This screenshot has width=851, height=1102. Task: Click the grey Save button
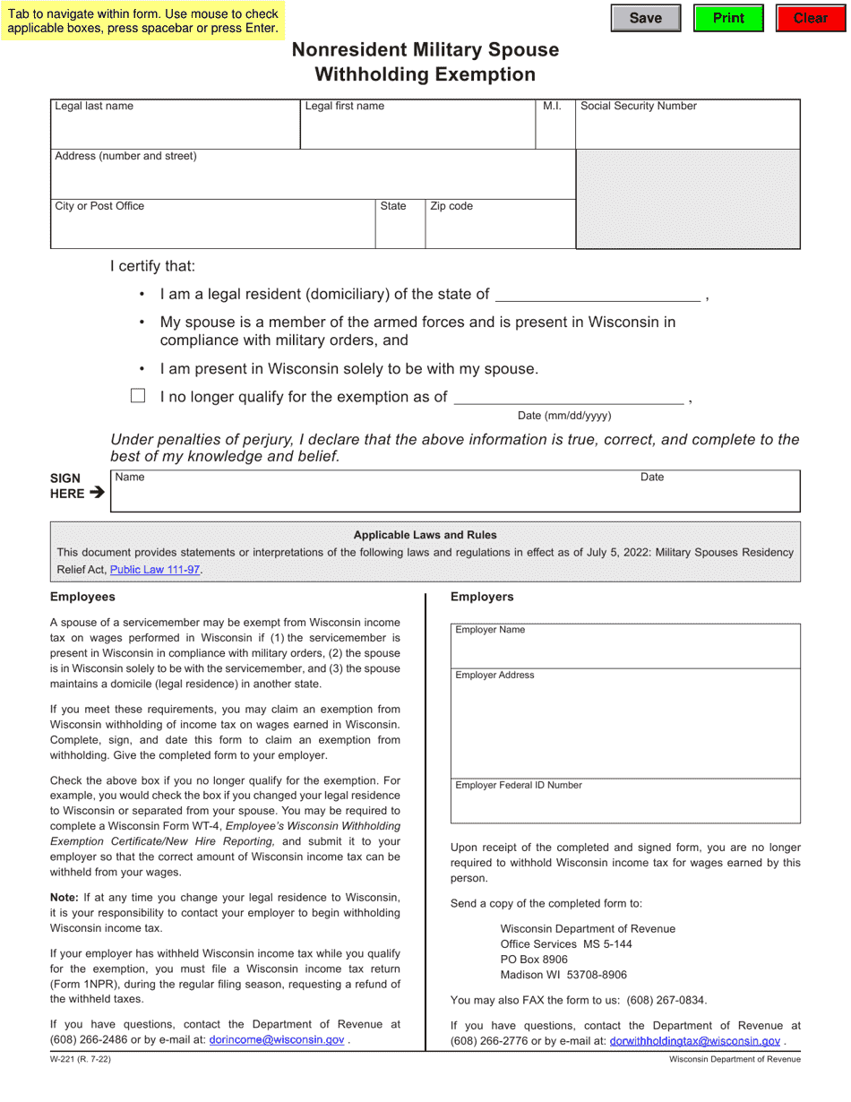tap(645, 18)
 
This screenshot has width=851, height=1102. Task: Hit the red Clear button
tap(810, 18)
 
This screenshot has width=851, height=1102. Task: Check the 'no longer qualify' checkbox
tap(138, 396)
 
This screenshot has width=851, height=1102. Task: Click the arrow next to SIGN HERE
tap(97, 493)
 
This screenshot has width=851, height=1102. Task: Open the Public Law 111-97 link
tap(155, 570)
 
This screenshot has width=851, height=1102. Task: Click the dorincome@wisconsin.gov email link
tap(276, 1040)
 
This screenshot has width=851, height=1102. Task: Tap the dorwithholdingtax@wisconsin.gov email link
tap(694, 1041)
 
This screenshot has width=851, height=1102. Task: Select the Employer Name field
tap(624, 646)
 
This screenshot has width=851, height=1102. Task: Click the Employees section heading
tap(82, 597)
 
